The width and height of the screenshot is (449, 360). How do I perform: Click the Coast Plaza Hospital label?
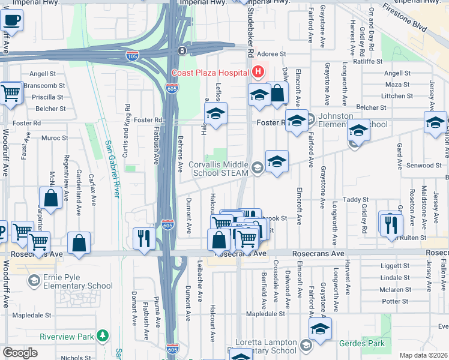tap(210, 73)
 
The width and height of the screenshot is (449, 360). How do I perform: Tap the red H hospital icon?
tap(258, 73)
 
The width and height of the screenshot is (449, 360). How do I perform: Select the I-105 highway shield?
tap(133, 56)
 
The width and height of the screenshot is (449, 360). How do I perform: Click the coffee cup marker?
tap(11, 21)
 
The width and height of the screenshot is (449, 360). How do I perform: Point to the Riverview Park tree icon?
tap(104, 335)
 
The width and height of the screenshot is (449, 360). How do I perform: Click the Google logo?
tap(20, 353)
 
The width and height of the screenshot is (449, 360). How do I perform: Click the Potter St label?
tap(394, 301)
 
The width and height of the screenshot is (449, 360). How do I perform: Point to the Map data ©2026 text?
tap(423, 355)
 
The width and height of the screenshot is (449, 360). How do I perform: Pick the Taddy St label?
tap(355, 199)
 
